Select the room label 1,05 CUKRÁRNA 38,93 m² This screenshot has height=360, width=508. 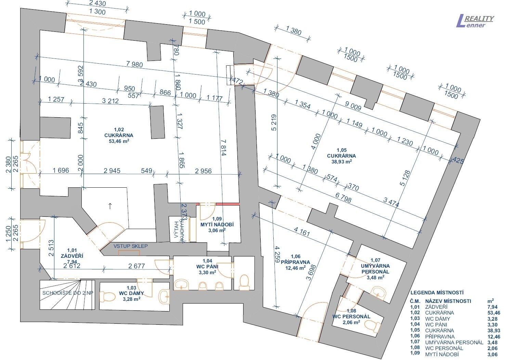coord(341,156)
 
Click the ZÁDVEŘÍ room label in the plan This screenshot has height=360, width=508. coord(72,256)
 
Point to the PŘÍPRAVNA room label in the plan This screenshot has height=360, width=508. coord(295,262)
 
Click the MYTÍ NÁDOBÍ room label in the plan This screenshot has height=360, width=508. coord(217,225)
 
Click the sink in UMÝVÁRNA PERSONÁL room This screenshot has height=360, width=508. coord(379,292)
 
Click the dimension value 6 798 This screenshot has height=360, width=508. coord(343,198)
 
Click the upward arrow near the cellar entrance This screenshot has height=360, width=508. coord(110,206)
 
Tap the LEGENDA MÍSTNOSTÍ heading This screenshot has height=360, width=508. coord(437,293)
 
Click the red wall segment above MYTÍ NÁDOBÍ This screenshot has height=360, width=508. coord(227,204)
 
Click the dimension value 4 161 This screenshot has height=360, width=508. coord(301,231)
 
